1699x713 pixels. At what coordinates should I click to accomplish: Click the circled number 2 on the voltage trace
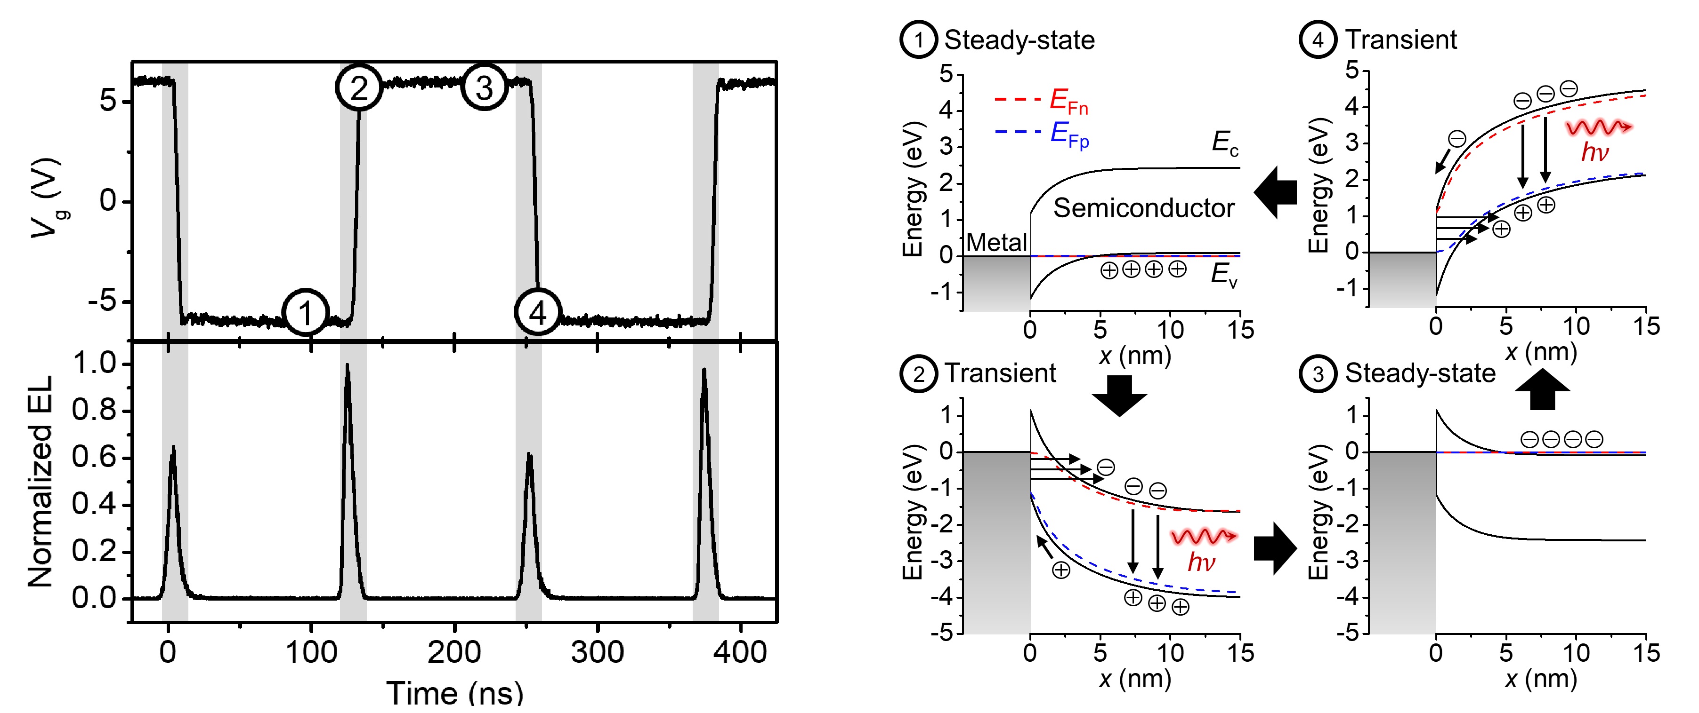pos(359,87)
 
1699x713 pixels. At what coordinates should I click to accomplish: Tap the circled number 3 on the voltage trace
pos(484,87)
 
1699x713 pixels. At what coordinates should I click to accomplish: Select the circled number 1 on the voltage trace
pos(305,312)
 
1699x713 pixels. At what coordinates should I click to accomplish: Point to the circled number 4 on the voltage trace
pos(538,312)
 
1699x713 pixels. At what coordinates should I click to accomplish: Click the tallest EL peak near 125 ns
pos(348,369)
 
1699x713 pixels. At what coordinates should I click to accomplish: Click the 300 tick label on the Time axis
pos(597,652)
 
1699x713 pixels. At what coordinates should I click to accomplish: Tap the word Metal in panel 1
pos(996,243)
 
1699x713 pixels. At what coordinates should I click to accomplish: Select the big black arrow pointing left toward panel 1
pos(1275,192)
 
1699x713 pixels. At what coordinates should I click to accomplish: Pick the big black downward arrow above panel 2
pos(1119,396)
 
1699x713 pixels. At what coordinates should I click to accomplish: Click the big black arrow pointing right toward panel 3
pos(1275,548)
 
